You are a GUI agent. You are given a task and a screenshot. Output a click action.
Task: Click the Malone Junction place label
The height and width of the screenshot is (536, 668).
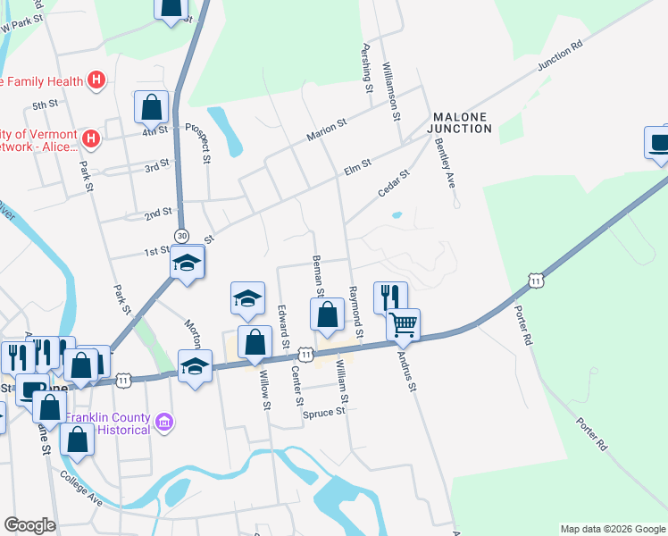coord(462,122)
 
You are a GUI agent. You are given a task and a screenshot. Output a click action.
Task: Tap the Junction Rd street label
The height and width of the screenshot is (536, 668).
coord(560,56)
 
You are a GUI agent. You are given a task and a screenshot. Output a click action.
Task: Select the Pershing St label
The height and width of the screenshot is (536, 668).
coord(366,68)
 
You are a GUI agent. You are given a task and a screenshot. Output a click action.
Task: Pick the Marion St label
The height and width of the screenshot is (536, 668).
coord(326,130)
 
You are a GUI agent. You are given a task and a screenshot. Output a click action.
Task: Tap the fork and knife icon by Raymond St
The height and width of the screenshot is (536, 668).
coord(390,297)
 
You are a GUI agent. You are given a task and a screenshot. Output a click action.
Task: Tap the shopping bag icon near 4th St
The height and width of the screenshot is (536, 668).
coord(152,107)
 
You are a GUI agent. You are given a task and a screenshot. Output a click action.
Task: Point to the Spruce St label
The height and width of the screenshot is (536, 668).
coord(323,414)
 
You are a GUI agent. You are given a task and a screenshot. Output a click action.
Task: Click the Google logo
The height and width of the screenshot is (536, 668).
coord(29,525)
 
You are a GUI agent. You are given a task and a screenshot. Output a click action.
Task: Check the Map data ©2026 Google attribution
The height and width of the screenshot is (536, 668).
coord(612,529)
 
